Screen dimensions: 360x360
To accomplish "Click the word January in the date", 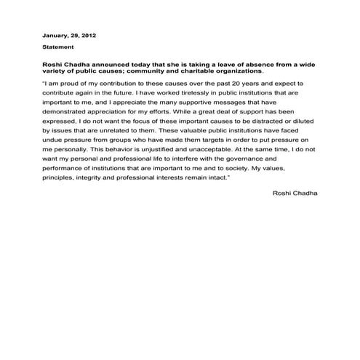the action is click(x=55, y=35).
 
